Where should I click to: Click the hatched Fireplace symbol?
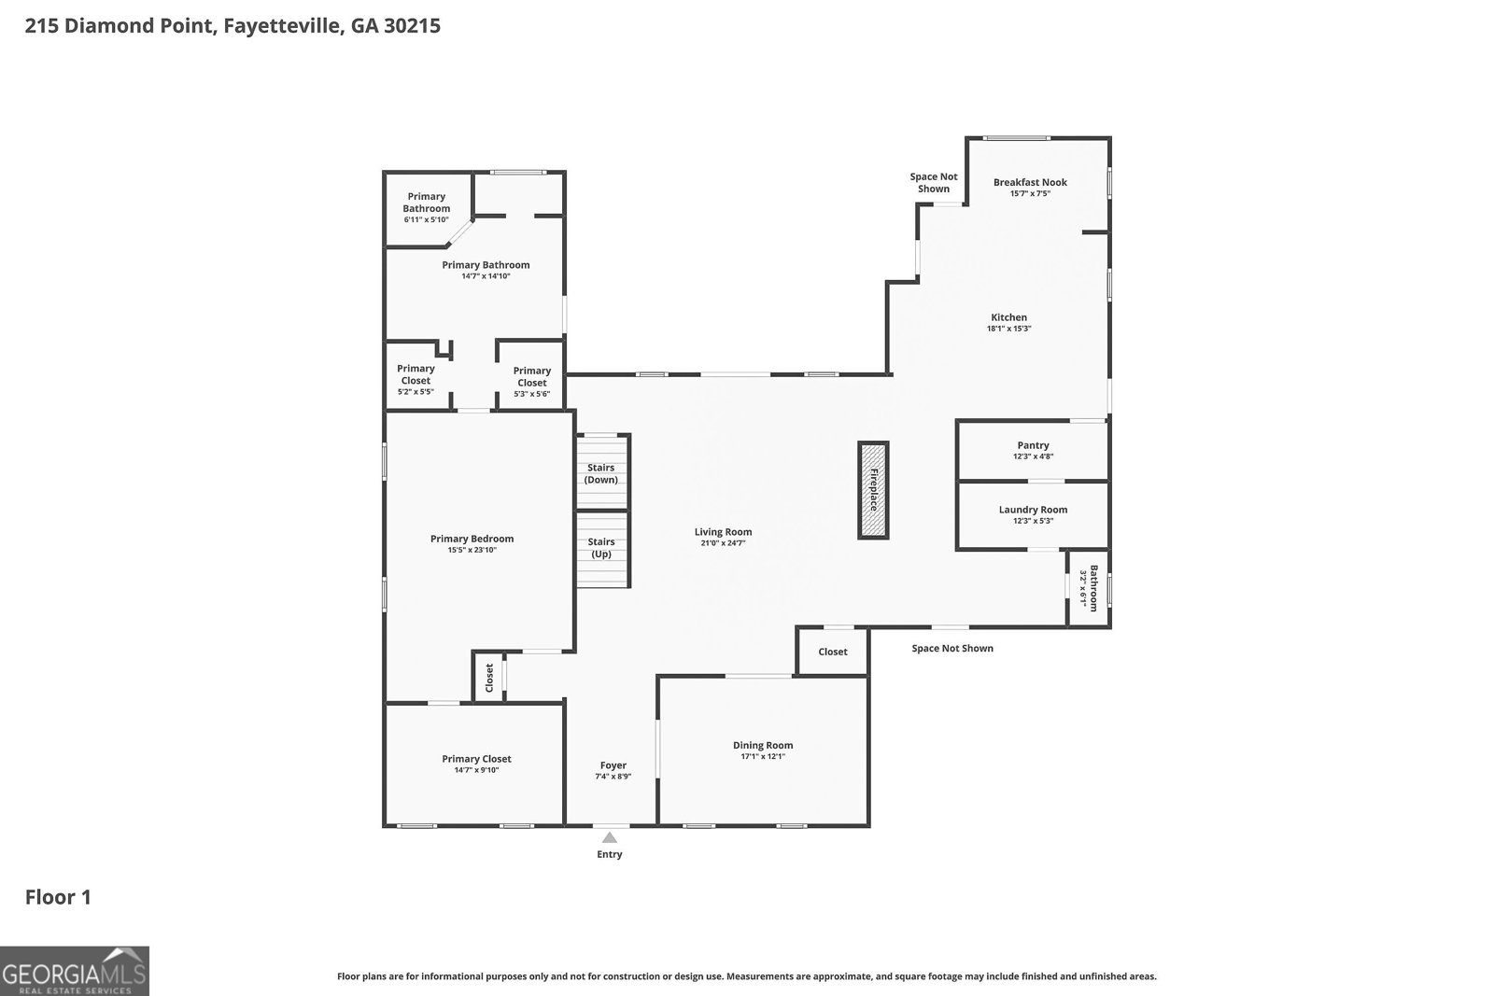(873, 490)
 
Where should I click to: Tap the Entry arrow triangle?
(610, 837)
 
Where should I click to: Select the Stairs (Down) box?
(601, 473)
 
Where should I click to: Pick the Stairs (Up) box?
(601, 548)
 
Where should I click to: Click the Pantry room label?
(1033, 445)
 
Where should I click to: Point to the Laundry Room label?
(1033, 510)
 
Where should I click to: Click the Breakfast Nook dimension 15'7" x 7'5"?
(1030, 194)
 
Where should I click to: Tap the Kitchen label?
(1008, 317)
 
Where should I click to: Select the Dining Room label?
(763, 745)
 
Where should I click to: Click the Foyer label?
(613, 765)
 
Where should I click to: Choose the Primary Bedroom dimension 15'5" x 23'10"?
(472, 551)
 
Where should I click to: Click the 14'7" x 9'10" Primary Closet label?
(476, 759)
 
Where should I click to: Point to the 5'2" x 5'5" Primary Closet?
(416, 379)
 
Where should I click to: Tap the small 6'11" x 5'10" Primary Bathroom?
(427, 207)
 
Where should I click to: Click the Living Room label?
(723, 532)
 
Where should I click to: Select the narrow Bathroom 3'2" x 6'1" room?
(1089, 588)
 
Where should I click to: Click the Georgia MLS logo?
(75, 971)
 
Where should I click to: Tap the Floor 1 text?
(58, 898)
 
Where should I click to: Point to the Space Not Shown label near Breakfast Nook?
(934, 182)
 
